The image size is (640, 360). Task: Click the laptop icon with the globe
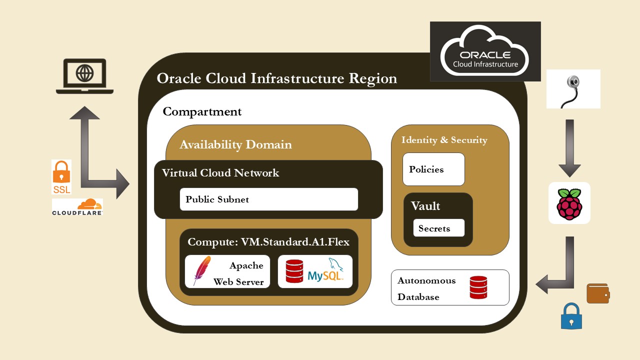coord(84,76)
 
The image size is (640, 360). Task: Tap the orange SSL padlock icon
coord(61,176)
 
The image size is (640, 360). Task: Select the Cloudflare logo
coord(77,206)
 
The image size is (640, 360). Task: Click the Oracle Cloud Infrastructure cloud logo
coord(485,51)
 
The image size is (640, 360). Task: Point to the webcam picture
coord(573,89)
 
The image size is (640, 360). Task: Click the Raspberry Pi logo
coord(569,203)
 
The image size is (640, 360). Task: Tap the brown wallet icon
coord(598,293)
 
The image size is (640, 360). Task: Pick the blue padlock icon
coord(571,316)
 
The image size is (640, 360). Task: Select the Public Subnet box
coord(269,199)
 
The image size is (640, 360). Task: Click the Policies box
coord(433,169)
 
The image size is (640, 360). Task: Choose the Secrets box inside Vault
coord(438,228)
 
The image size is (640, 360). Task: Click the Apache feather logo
coord(201,270)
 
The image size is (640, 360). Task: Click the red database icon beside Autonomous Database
coord(478,287)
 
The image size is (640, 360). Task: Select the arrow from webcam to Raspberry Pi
coord(569,148)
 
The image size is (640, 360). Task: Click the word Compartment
coord(202,111)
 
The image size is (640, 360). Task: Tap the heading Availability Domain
coord(235,144)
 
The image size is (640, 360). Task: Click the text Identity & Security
coord(444,140)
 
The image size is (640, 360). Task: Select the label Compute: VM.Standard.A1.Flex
coord(268,242)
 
